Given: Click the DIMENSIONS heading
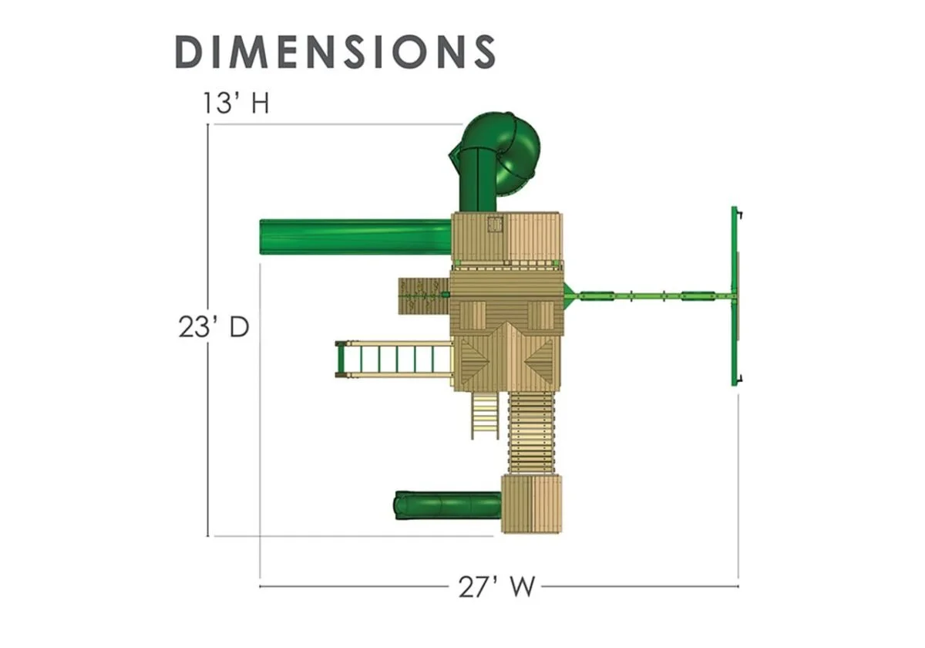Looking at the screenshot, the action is tap(335, 52).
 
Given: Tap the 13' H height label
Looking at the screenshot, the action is tap(236, 103).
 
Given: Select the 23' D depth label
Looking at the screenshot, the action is tap(214, 327).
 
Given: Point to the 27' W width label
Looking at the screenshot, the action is tap(496, 587).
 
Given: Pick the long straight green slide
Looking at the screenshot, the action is tap(355, 237).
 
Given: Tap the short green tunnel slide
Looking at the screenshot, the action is tap(449, 505).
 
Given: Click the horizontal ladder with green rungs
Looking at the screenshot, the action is tap(395, 359).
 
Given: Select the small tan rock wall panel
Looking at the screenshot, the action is tap(424, 295).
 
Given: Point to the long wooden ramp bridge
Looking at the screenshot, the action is tap(531, 432).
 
